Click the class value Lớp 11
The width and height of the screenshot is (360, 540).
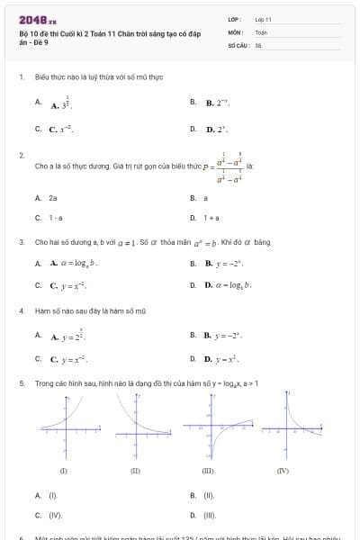pyautogui.click(x=263, y=19)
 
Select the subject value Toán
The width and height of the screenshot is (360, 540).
pyautogui.click(x=261, y=31)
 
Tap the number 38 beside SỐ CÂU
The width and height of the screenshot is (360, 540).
pyautogui.click(x=258, y=44)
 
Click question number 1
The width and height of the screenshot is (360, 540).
pyautogui.click(x=21, y=77)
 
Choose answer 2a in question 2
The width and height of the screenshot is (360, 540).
pyautogui.click(x=53, y=197)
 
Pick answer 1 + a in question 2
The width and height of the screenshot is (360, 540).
pyautogui.click(x=211, y=217)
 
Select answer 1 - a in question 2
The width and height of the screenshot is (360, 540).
pyautogui.click(x=56, y=217)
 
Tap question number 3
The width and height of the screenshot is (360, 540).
pyautogui.click(x=21, y=242)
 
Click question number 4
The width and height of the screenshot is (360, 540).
pyautogui.click(x=21, y=311)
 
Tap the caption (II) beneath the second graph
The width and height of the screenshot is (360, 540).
pyautogui.click(x=135, y=471)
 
